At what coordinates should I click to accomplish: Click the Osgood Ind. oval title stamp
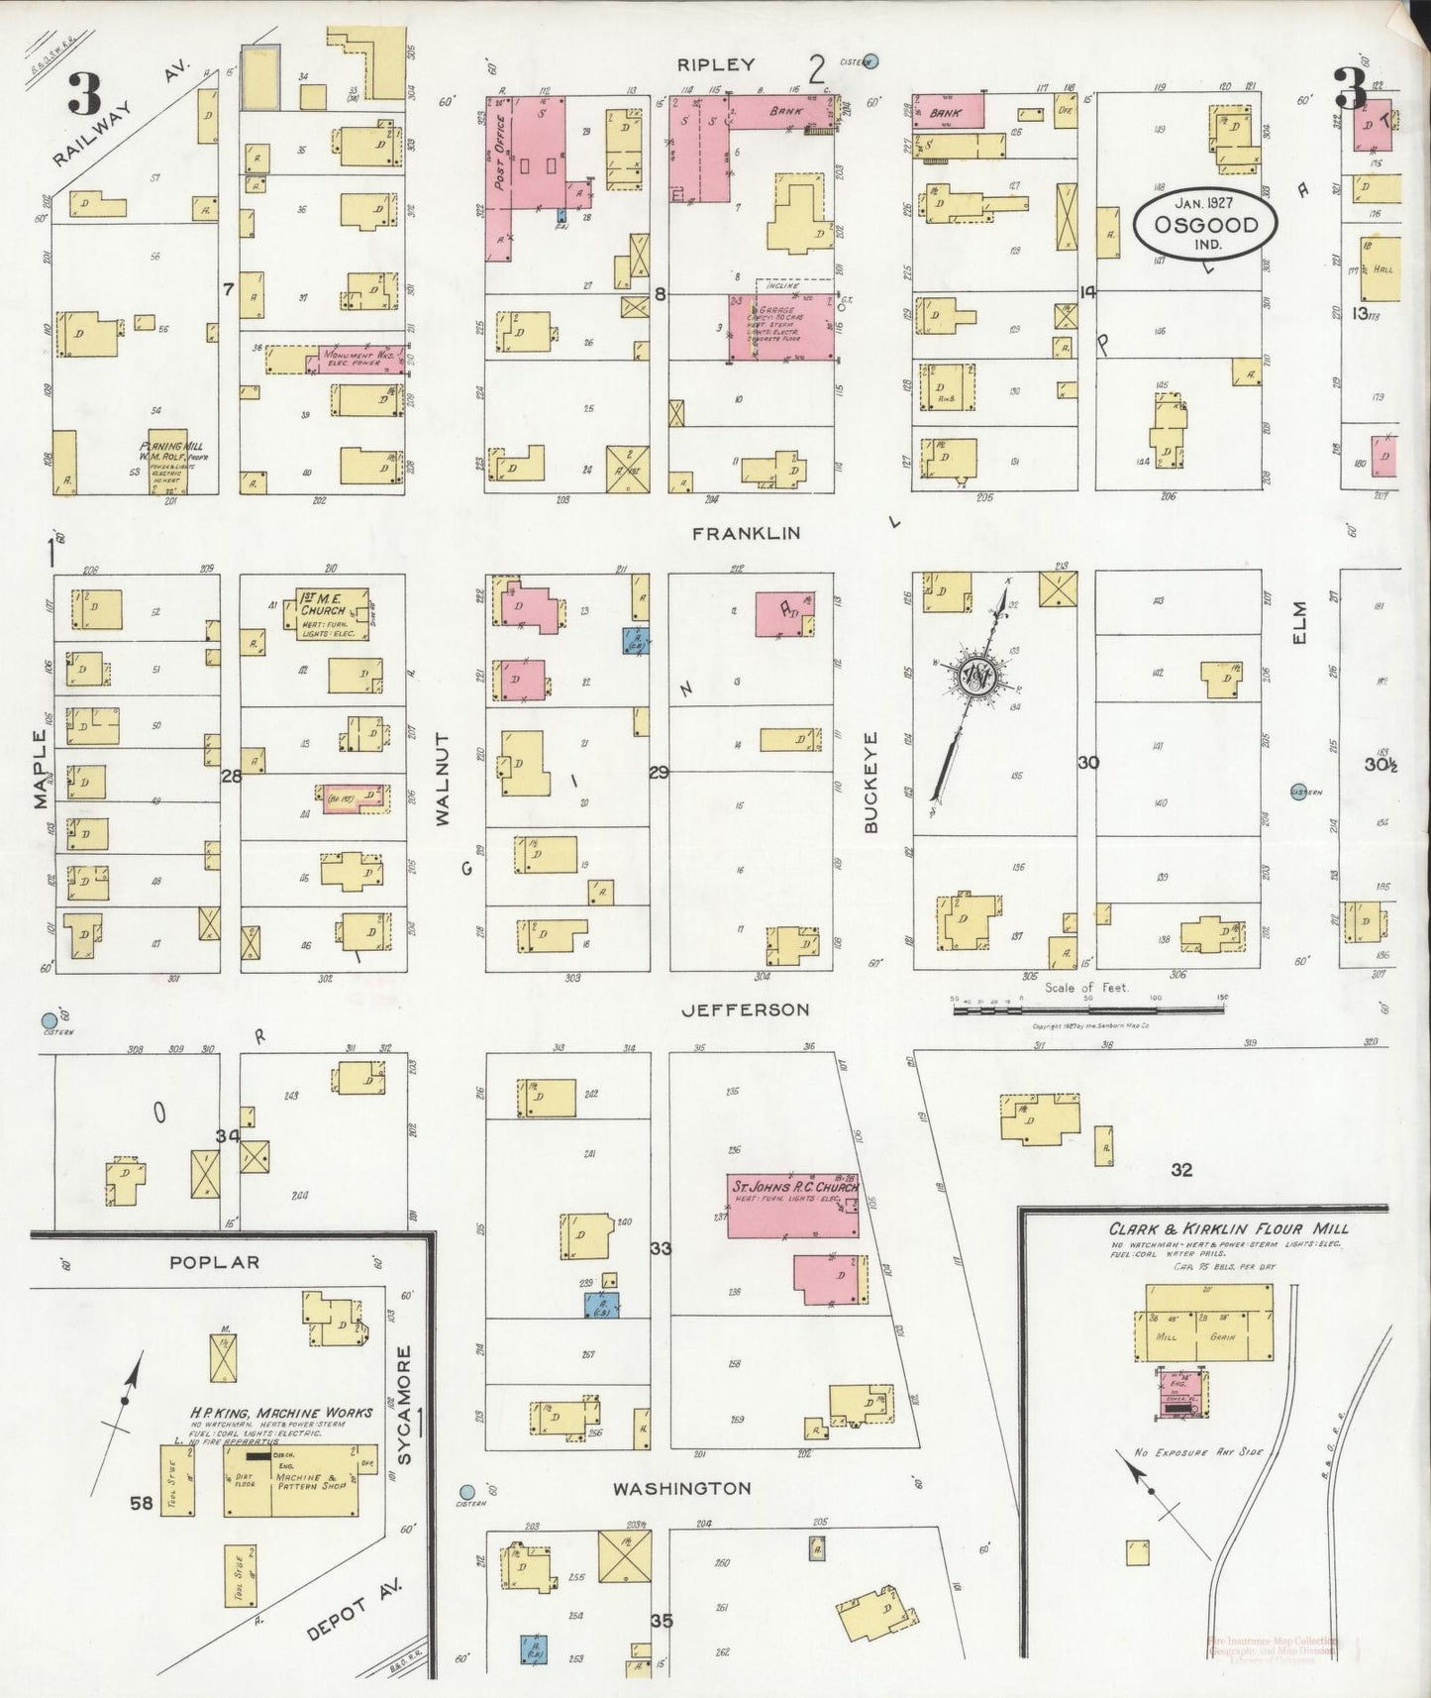pos(1206,225)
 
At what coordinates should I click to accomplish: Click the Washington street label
pos(681,1488)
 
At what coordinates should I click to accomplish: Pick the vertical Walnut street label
pos(443,780)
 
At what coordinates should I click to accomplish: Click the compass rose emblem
pos(976,677)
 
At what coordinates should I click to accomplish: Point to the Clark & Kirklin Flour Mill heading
pos(1228,1229)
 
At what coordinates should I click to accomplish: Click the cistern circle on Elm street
pos(1298,791)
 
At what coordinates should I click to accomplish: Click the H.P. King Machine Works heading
pos(282,1412)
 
